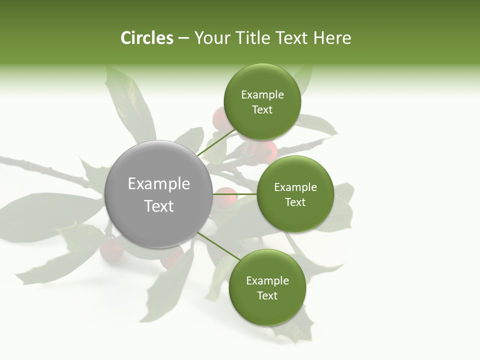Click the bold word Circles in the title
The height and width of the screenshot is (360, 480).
(x=147, y=38)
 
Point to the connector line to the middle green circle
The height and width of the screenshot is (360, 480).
(x=235, y=194)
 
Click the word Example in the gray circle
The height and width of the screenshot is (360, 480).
(x=159, y=184)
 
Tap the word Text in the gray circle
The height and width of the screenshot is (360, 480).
(x=159, y=206)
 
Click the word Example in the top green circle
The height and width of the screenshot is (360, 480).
(x=262, y=95)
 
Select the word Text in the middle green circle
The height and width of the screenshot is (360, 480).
(x=295, y=202)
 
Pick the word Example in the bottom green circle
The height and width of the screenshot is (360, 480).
(x=267, y=281)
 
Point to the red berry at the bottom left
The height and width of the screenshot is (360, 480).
(x=111, y=250)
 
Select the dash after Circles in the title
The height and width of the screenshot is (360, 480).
(x=183, y=38)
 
